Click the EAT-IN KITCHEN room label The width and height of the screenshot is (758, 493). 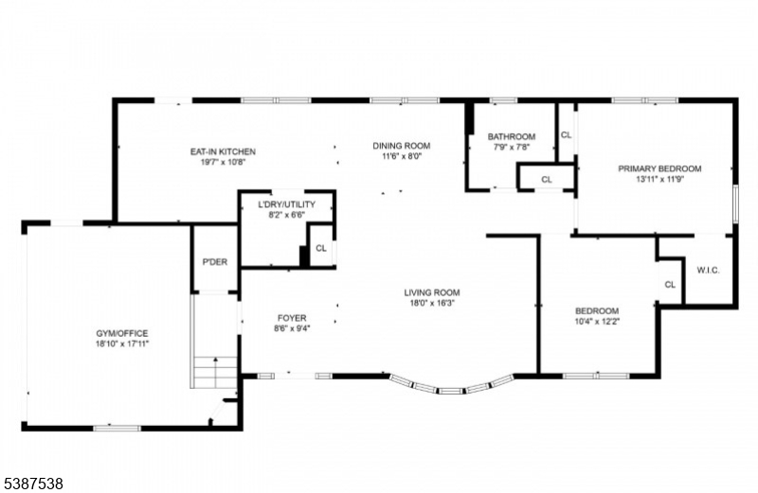click(223, 151)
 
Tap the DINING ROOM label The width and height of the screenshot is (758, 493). click(401, 146)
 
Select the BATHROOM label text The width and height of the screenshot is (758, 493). click(512, 136)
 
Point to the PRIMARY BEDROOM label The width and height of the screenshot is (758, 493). click(659, 168)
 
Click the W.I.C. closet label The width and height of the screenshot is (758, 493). click(708, 271)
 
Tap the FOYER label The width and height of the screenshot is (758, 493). click(291, 318)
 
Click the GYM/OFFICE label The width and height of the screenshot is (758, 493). click(121, 333)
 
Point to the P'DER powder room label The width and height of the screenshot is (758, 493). click(214, 262)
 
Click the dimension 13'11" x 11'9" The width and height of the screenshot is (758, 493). click(659, 180)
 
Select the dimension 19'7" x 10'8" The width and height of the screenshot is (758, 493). click(223, 163)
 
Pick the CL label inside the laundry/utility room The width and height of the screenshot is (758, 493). click(321, 248)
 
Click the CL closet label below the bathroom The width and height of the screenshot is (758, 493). click(547, 179)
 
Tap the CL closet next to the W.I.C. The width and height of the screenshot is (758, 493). click(670, 285)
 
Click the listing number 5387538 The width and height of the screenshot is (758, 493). click(32, 483)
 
